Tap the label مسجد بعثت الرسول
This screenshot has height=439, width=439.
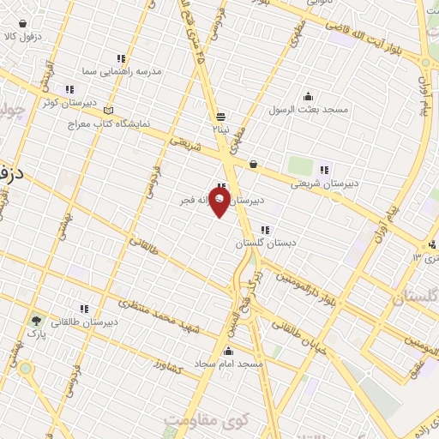tap(306, 110)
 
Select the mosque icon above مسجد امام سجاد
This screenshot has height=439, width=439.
tap(228, 350)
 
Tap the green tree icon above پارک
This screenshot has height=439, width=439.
tap(35, 318)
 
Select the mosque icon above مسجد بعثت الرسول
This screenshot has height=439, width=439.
tap(306, 96)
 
